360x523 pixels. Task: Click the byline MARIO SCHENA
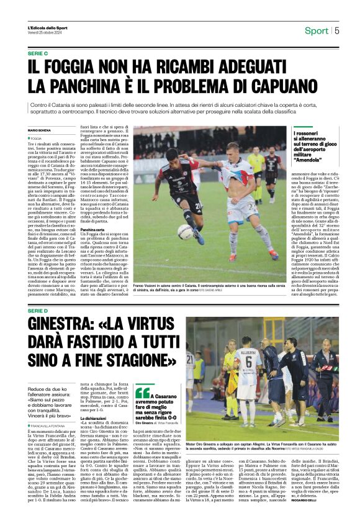click(40, 130)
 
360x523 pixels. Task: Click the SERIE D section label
click(37, 310)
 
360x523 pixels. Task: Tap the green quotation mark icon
click(143, 393)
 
